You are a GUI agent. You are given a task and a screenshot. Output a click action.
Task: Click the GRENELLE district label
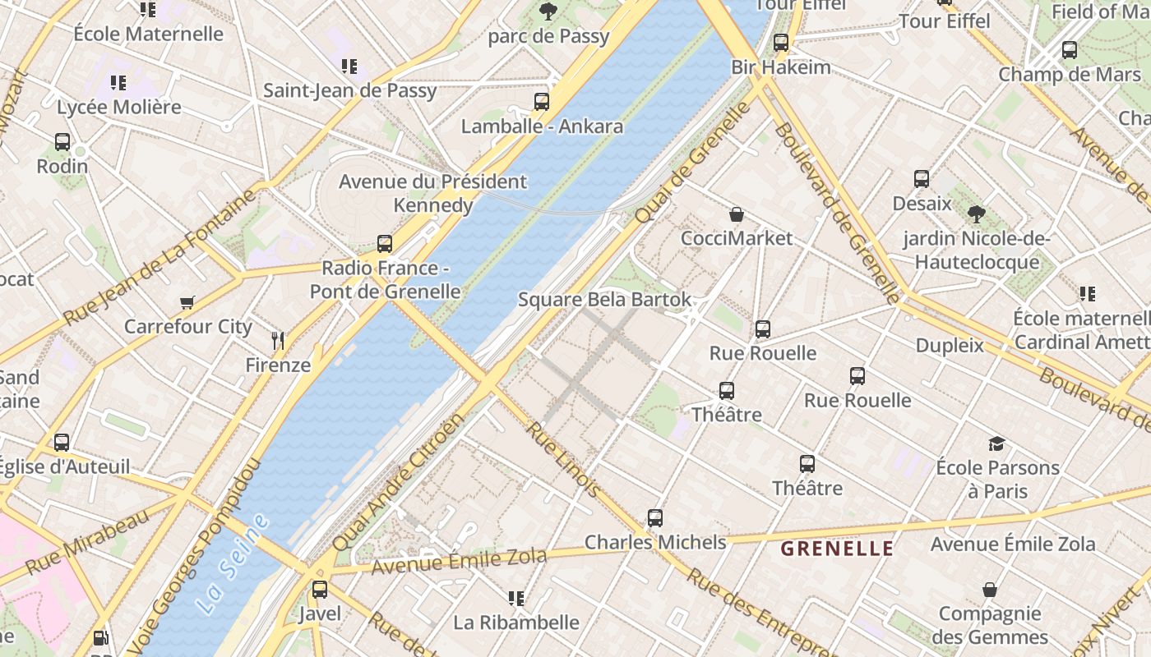[836, 549]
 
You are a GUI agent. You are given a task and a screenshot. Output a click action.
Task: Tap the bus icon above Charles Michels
[654, 518]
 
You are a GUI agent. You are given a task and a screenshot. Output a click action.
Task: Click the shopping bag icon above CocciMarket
[737, 214]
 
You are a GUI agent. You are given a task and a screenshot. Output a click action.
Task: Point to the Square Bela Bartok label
[604, 300]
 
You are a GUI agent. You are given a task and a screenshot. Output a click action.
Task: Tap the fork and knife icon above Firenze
[278, 340]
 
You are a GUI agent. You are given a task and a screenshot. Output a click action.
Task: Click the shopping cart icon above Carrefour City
[187, 302]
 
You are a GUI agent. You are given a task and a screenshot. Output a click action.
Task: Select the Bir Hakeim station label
[781, 67]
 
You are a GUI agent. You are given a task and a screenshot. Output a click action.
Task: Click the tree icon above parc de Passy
[548, 11]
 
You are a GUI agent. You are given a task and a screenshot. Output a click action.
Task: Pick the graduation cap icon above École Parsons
[996, 443]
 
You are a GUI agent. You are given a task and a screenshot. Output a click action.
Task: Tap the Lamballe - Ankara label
[542, 126]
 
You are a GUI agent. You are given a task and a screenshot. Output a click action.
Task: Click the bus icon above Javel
[319, 590]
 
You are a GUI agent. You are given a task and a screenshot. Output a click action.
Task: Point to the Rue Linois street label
[562, 460]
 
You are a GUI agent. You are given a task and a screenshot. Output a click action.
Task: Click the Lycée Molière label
[118, 108]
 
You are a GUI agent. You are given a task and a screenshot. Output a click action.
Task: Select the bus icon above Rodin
[62, 141]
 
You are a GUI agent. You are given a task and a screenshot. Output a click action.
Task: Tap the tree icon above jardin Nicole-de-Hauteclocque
[976, 214]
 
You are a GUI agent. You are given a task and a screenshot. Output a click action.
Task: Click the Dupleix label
[950, 346]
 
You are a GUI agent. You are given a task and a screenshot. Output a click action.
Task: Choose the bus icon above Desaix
[922, 179]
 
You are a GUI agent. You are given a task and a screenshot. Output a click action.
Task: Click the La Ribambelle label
[516, 623]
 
